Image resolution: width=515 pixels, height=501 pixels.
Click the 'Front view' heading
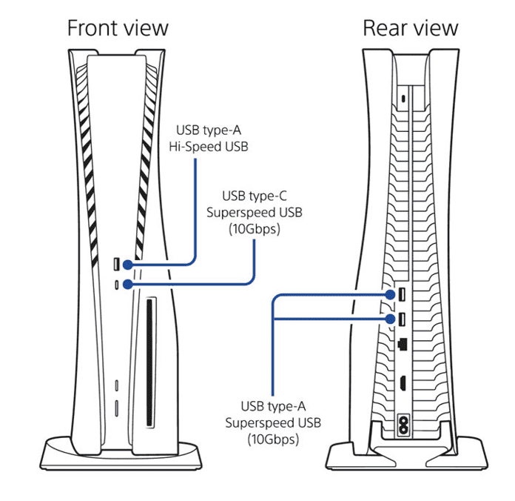(118, 29)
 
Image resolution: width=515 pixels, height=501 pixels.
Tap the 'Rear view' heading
(410, 29)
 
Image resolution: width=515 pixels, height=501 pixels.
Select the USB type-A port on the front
(118, 265)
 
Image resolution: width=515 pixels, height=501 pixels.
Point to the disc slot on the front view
(150, 362)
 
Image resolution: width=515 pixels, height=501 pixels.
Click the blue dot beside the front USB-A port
(129, 265)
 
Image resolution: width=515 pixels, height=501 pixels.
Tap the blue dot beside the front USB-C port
(129, 284)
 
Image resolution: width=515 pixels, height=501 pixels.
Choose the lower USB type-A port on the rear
(401, 319)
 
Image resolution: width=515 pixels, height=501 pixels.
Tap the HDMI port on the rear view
(401, 384)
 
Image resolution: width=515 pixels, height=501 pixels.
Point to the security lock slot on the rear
(402, 98)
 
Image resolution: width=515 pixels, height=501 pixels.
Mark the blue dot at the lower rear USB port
(391, 319)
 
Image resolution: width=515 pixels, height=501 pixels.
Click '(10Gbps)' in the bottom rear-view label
(274, 439)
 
